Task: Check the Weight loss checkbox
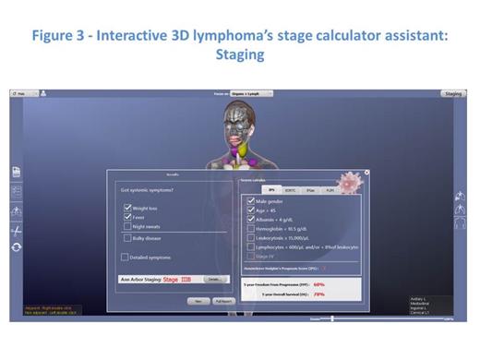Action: (x=127, y=209)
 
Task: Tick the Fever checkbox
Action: (x=127, y=218)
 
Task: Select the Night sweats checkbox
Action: (x=127, y=227)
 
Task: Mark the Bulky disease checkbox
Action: (x=127, y=238)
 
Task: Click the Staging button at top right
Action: (x=452, y=93)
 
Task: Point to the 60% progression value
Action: (x=319, y=284)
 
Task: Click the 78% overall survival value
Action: (x=319, y=294)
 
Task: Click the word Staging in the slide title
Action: (x=239, y=55)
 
